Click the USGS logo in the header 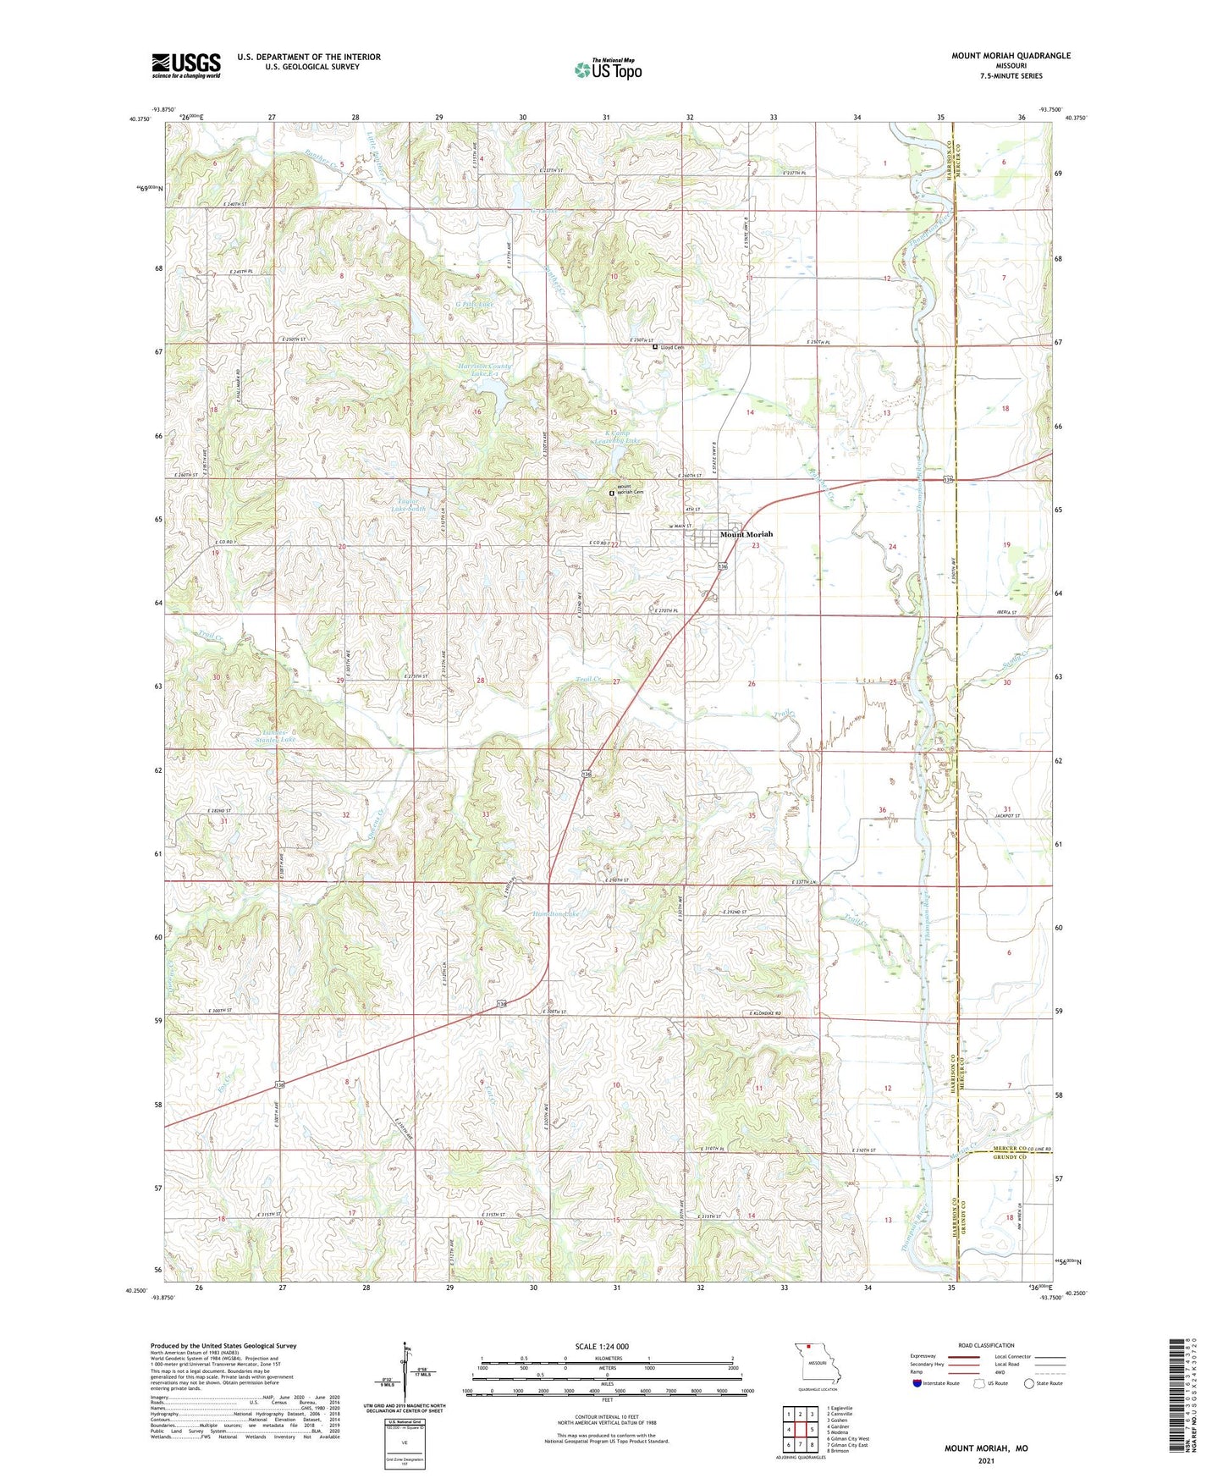(x=186, y=65)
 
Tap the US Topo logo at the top (x=608, y=69)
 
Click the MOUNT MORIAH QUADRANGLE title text (x=1011, y=56)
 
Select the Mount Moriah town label (x=746, y=534)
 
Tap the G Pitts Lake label (x=474, y=303)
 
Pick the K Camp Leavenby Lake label (x=616, y=437)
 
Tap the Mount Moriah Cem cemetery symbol (x=612, y=493)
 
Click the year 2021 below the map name (x=985, y=1460)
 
